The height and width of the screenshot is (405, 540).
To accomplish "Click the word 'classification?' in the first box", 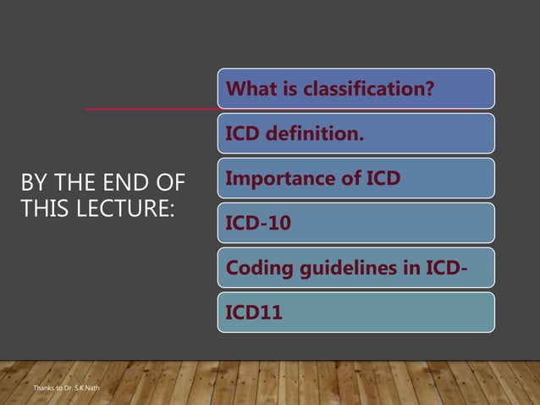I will pyautogui.click(x=383, y=88).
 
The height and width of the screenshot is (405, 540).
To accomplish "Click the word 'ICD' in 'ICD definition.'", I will pyautogui.click(x=244, y=133).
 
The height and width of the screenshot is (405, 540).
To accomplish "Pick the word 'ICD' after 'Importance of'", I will pyautogui.click(x=381, y=178).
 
